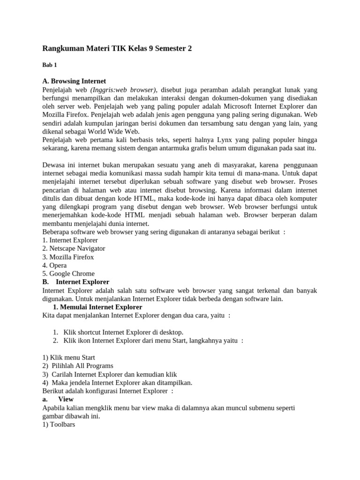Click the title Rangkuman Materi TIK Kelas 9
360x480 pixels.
pyautogui.click(x=117, y=48)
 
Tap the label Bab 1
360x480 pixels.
pyautogui.click(x=49, y=65)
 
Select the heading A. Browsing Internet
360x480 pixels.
pyautogui.click(x=74, y=81)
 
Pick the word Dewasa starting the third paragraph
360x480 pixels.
pyautogui.click(x=55, y=165)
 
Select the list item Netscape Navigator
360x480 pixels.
pyautogui.click(x=74, y=248)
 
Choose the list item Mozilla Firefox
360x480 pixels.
pyautogui.click(x=68, y=257)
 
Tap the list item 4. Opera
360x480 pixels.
pyautogui.click(x=54, y=265)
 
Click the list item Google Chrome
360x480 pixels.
pyautogui.click(x=68, y=274)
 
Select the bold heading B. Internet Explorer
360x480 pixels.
pyautogui.click(x=76, y=282)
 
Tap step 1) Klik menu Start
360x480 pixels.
pyautogui.click(x=68, y=357)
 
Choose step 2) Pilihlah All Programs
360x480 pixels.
pyautogui.click(x=78, y=366)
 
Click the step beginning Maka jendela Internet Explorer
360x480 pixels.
pyautogui.click(x=117, y=382)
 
